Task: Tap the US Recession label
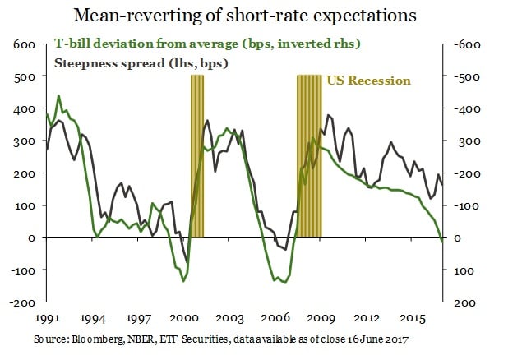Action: tap(368, 81)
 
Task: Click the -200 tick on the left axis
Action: tap(22, 302)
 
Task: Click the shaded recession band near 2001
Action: tap(197, 156)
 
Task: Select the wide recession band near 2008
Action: tap(309, 156)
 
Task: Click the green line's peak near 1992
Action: tap(58, 96)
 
